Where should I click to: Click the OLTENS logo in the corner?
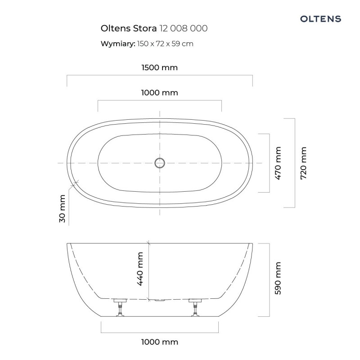(320, 19)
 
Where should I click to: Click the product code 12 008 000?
(184, 28)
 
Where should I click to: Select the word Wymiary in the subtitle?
(118, 44)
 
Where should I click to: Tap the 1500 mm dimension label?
(160, 67)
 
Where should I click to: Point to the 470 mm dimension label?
(278, 163)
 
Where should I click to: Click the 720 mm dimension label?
(303, 163)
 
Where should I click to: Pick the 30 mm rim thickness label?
(62, 208)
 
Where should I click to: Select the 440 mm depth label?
(140, 269)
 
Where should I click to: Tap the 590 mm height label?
(278, 278)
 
